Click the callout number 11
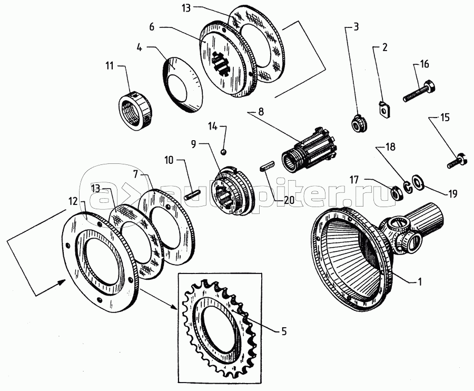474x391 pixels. tap(110, 66)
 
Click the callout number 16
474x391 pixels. tap(424, 64)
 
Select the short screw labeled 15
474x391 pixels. tap(456, 160)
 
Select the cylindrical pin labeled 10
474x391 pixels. tap(192, 193)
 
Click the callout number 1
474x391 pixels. tap(420, 282)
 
